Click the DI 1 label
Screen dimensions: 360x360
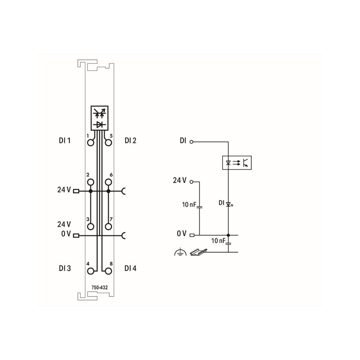coord(65,140)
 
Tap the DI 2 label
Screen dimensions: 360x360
coord(130,140)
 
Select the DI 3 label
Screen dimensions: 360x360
coord(65,268)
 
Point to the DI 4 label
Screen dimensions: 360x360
coord(130,268)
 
